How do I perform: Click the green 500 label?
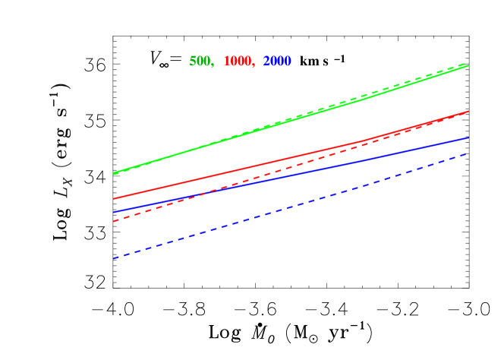click(x=200, y=62)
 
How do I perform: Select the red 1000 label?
click(x=238, y=62)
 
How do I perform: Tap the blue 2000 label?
click(x=277, y=62)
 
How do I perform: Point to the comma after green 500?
click(x=213, y=65)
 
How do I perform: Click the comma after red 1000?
click(x=254, y=65)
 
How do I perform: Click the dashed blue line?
click(x=288, y=208)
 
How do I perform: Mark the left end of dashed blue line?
click(x=114, y=258)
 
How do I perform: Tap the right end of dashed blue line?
click(x=468, y=153)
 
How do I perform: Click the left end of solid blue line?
click(x=114, y=212)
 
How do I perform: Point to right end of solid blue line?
click(x=468, y=138)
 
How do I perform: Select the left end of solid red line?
click(x=114, y=198)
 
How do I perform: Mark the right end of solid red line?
click(x=468, y=112)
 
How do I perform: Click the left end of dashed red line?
click(x=114, y=221)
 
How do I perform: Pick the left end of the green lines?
click(x=114, y=174)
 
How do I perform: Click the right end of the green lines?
click(x=468, y=65)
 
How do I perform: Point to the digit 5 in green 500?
click(x=192, y=62)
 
